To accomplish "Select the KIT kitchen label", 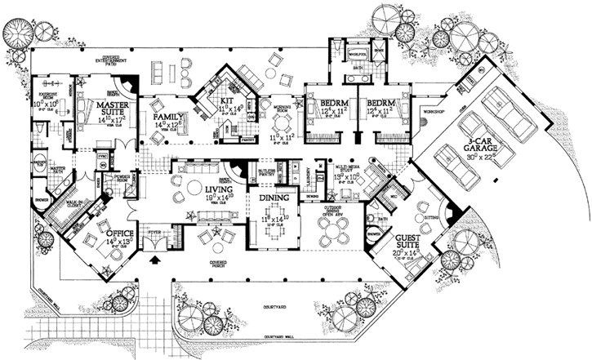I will (226, 101).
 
